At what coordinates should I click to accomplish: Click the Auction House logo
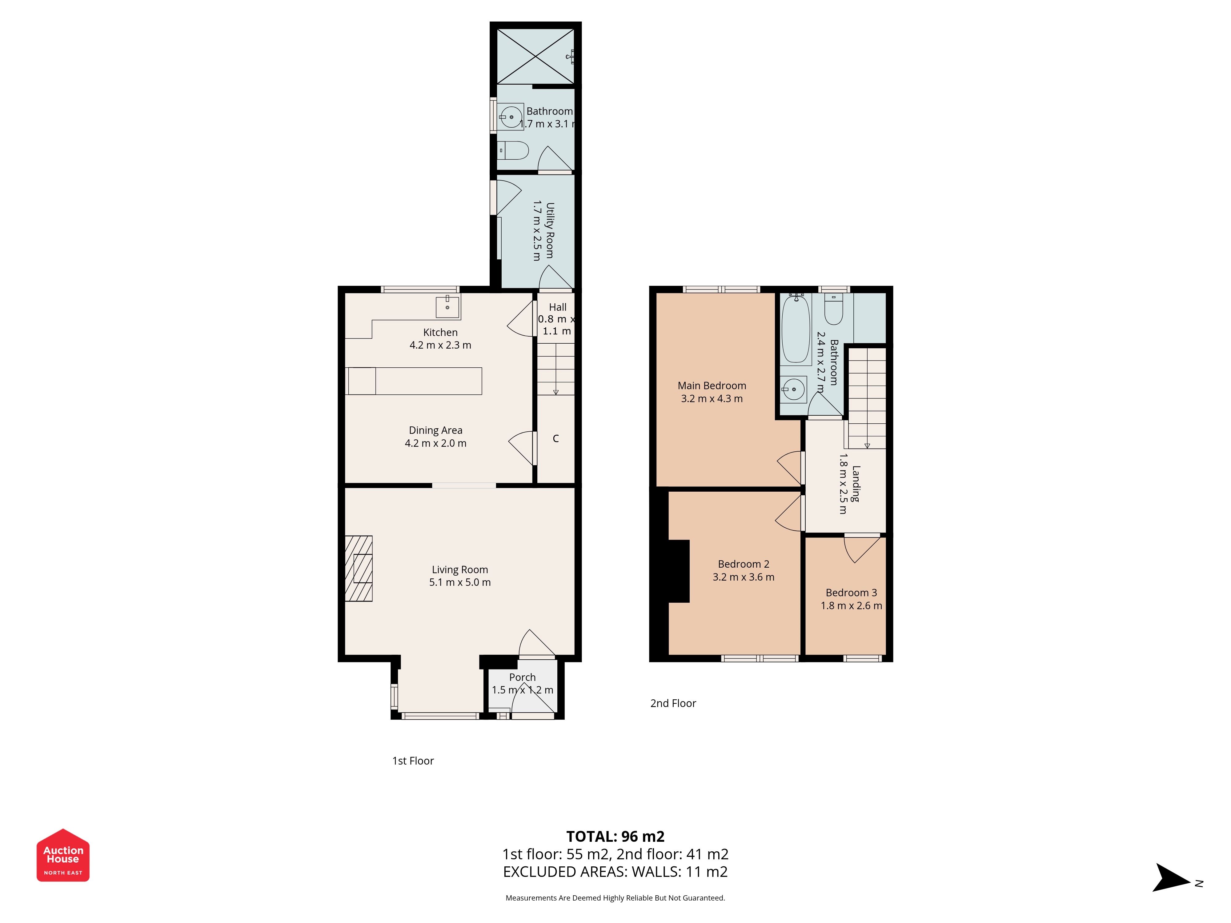pyautogui.click(x=63, y=855)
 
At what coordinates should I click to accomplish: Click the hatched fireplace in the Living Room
pyautogui.click(x=359, y=569)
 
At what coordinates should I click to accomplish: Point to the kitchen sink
pyautogui.click(x=447, y=306)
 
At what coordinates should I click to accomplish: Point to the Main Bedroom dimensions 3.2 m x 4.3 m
pyautogui.click(x=712, y=398)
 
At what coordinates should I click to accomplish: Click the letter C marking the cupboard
pyautogui.click(x=555, y=438)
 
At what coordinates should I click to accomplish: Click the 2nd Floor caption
pyautogui.click(x=673, y=703)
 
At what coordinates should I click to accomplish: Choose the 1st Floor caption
pyautogui.click(x=413, y=761)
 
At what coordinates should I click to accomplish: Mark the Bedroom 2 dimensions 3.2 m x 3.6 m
pyautogui.click(x=744, y=577)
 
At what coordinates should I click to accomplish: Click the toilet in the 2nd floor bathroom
pyautogui.click(x=834, y=309)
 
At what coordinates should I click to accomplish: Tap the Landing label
pyautogui.click(x=856, y=483)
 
